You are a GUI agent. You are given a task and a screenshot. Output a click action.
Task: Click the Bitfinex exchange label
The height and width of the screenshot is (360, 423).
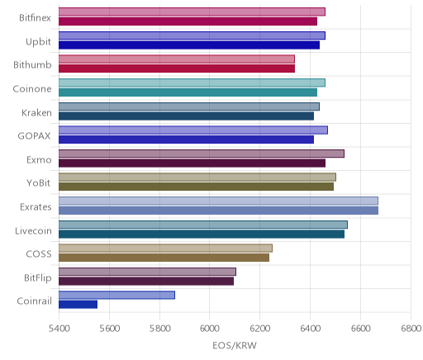35,18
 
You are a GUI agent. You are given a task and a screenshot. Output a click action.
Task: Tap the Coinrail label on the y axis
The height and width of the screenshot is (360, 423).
34,301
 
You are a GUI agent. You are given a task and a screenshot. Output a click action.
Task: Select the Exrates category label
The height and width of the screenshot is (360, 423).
36,206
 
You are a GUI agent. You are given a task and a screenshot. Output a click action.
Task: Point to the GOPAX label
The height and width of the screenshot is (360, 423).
34,136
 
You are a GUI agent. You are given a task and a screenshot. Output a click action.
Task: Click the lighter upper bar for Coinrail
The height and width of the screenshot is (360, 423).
116,295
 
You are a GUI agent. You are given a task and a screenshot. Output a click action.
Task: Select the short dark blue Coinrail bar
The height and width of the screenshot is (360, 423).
78,305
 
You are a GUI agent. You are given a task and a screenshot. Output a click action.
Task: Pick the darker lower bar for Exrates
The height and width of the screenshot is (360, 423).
218,211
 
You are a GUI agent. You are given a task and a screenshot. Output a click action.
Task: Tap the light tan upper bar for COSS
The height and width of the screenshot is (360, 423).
165,248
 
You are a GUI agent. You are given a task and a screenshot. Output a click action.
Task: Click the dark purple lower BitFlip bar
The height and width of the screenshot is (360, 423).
146,281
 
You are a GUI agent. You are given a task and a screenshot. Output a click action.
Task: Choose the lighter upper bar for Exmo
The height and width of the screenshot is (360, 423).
202,154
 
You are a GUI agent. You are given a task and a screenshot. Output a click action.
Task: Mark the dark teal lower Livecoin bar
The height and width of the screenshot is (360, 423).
202,234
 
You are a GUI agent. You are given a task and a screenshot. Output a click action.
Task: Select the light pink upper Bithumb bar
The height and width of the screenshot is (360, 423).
177,59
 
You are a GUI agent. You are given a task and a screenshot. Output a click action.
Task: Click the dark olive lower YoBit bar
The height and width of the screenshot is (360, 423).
196,187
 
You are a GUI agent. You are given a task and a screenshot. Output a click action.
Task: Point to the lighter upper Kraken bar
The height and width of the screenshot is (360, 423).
189,107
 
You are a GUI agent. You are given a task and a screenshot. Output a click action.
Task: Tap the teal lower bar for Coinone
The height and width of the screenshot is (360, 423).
188,92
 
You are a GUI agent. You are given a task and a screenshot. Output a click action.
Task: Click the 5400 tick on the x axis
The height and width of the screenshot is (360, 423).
59,329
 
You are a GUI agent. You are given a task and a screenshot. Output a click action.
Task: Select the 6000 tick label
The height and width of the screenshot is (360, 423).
209,329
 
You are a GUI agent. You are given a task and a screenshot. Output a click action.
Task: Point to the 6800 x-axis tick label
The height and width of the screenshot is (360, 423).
411,329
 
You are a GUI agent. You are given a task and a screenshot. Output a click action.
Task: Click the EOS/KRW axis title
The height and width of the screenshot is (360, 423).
235,345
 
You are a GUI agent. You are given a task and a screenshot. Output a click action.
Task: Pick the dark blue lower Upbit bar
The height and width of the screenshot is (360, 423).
189,45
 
